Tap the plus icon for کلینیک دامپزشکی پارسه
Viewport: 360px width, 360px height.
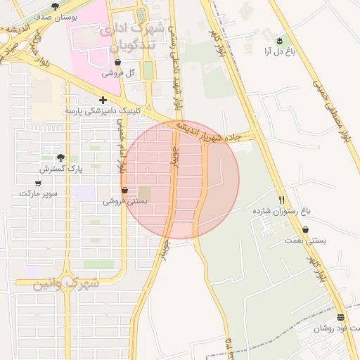103,101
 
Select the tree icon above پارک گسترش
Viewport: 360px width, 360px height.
60,157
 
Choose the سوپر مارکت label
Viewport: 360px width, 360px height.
38,193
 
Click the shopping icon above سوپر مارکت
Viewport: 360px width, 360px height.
38,183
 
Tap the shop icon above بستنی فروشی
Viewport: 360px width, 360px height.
125,191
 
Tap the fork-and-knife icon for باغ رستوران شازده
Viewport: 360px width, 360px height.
281,200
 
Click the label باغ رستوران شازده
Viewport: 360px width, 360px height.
281,210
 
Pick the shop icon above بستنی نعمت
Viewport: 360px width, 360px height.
306,230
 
